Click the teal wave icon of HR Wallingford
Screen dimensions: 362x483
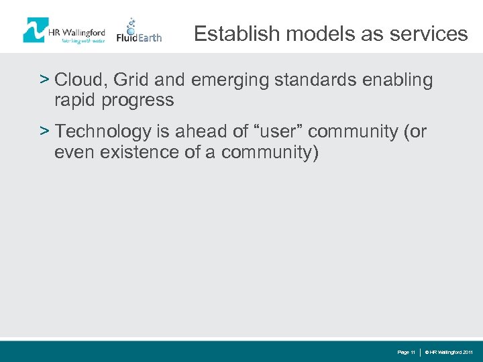(35, 30)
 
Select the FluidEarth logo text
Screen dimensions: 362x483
(139, 38)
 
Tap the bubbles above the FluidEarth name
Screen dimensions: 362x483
(131, 23)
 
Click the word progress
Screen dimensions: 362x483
(143, 101)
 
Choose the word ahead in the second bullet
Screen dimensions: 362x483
(198, 132)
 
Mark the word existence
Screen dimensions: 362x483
(138, 152)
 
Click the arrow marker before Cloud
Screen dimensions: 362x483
(44, 80)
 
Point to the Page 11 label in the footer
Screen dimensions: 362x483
(407, 352)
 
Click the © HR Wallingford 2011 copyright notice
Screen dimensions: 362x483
(449, 352)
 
